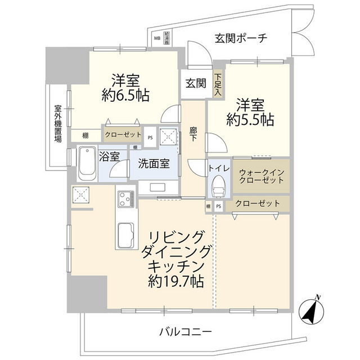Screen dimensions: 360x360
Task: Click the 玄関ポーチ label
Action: pos(240,38)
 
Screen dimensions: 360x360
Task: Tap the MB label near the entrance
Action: pos(157,39)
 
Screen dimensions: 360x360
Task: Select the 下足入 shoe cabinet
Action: pos(218,83)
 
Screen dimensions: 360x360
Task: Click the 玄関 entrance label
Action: pos(196,83)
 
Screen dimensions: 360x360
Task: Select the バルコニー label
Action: pos(185,331)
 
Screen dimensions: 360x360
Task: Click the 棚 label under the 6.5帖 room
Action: pos(85,136)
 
